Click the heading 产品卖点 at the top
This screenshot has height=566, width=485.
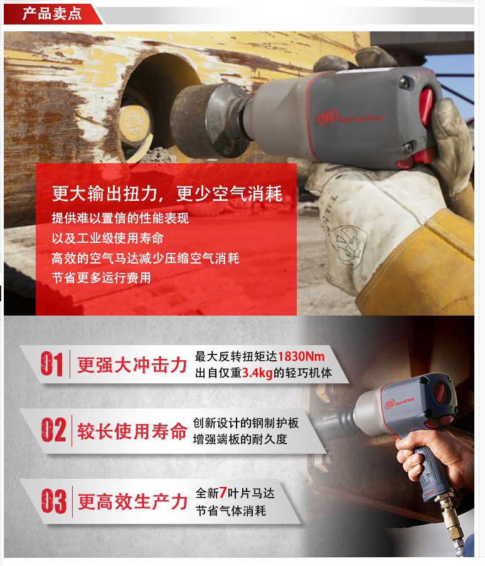(x=52, y=13)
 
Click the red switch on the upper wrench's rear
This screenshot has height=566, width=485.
(x=426, y=106)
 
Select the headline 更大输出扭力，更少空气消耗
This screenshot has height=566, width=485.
(x=167, y=193)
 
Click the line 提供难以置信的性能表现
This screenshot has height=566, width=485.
(x=120, y=218)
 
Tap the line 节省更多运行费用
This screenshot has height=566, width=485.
(x=101, y=277)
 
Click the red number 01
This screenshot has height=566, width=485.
(x=51, y=364)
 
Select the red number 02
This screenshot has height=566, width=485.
(x=53, y=430)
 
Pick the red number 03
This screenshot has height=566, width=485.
(x=54, y=501)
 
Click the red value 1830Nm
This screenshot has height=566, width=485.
(x=301, y=356)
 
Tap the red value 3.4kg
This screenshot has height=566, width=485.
(x=257, y=373)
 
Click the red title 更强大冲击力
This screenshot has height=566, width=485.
(x=132, y=365)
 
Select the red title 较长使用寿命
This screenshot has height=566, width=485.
(x=132, y=431)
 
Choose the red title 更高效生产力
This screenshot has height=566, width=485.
(x=132, y=502)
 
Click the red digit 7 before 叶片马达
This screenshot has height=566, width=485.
(x=223, y=493)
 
